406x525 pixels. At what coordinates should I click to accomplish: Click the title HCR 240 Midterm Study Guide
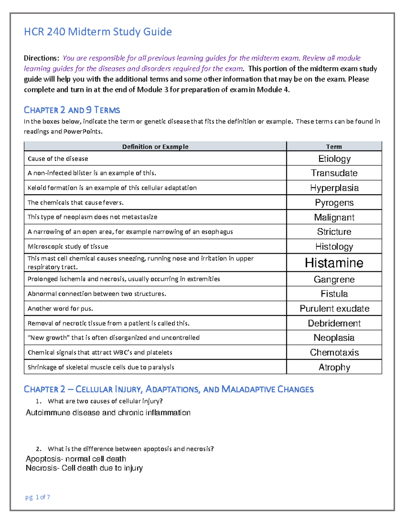click(98, 32)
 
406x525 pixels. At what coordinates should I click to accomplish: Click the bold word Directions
click(41, 58)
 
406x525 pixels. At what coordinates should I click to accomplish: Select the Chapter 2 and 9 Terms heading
click(72, 110)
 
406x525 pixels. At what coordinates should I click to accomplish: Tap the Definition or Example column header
click(155, 147)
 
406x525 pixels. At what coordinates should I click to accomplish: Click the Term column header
click(334, 147)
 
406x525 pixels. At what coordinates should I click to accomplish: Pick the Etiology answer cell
click(334, 159)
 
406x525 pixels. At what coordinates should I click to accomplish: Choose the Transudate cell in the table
click(334, 173)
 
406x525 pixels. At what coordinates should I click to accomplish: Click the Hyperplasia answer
click(334, 188)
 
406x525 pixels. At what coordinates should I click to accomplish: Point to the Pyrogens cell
click(334, 202)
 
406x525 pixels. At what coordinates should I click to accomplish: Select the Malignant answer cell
click(334, 217)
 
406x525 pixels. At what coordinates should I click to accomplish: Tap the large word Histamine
click(334, 263)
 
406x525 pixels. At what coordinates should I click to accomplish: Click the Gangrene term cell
click(334, 279)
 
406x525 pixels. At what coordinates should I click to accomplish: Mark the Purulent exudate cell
click(334, 308)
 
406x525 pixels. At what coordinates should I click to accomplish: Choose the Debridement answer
click(334, 323)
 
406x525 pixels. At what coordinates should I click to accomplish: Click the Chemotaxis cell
click(334, 352)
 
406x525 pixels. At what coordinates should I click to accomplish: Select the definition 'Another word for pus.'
click(60, 308)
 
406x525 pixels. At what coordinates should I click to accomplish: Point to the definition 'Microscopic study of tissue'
click(68, 246)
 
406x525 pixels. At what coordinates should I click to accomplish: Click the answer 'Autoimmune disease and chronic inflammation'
click(108, 412)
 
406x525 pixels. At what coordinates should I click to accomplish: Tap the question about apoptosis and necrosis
click(131, 449)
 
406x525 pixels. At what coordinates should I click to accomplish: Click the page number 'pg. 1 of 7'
click(38, 497)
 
